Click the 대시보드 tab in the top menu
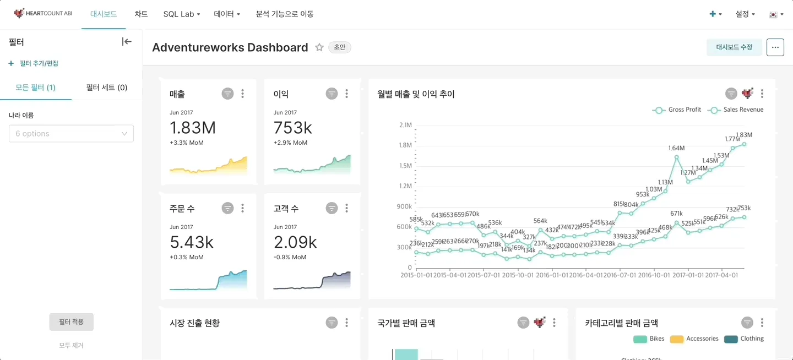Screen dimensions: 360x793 pyautogui.click(x=104, y=14)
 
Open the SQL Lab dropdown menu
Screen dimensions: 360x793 pyautogui.click(x=181, y=14)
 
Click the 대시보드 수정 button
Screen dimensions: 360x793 pyautogui.click(x=734, y=47)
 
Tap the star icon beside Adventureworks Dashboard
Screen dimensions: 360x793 pyautogui.click(x=319, y=47)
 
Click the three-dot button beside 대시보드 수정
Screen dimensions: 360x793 pyautogui.click(x=775, y=47)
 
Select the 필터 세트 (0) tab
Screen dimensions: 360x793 pyautogui.click(x=107, y=88)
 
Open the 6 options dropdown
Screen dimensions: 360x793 pyautogui.click(x=71, y=134)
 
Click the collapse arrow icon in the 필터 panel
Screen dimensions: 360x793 pyautogui.click(x=127, y=42)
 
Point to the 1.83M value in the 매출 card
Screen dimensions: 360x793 pyautogui.click(x=193, y=128)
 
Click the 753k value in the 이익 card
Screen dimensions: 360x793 pyautogui.click(x=293, y=128)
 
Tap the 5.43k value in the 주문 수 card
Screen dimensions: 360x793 pyautogui.click(x=192, y=242)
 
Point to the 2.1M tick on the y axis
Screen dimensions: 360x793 pyautogui.click(x=405, y=125)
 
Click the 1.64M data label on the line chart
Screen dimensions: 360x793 pyautogui.click(x=676, y=149)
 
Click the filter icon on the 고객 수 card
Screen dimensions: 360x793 pyautogui.click(x=332, y=208)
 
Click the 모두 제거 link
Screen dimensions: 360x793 pyautogui.click(x=71, y=346)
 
